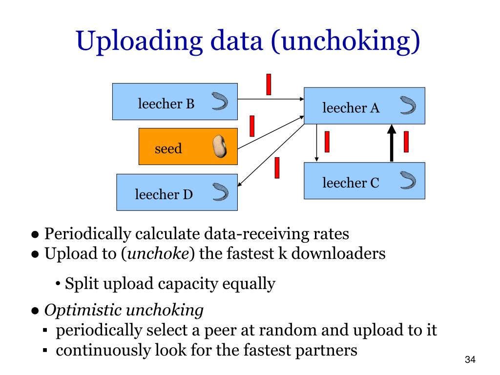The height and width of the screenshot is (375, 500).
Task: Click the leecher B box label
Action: (x=166, y=104)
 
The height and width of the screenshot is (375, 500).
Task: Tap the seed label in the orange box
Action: (x=168, y=148)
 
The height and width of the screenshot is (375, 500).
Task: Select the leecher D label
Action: (x=164, y=195)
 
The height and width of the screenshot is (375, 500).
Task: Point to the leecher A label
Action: (x=351, y=108)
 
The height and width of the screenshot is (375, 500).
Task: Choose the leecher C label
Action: (x=351, y=183)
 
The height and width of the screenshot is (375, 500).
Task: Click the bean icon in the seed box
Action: (x=220, y=146)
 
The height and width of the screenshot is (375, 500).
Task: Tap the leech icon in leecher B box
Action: (x=219, y=101)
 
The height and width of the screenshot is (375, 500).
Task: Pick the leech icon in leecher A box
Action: (x=407, y=105)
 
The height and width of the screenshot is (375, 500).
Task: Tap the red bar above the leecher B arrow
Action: (x=269, y=84)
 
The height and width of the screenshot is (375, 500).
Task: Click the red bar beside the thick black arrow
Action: (x=406, y=142)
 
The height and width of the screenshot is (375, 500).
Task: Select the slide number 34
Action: (x=470, y=360)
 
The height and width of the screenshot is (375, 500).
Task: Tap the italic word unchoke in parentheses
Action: (x=158, y=253)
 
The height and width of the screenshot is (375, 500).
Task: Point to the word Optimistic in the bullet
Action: (x=83, y=310)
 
